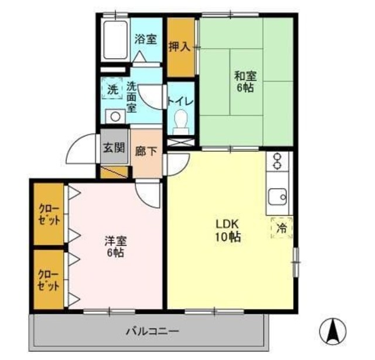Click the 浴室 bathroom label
coord(146,39)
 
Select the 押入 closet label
coord(179,46)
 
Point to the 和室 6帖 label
coord(246,81)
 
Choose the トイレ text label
coord(181,101)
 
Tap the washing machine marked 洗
coord(112,90)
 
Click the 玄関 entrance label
coord(114,147)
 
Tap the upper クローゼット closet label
coord(49,215)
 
